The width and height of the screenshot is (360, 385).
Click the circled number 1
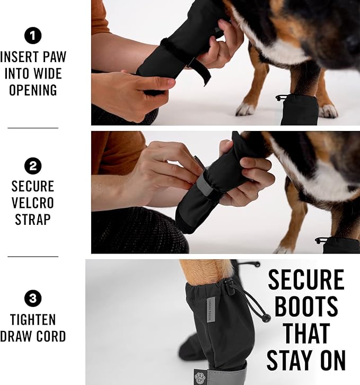tap(33, 36)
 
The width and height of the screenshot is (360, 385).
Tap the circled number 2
tap(33, 166)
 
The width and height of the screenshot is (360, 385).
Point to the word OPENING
tap(33, 90)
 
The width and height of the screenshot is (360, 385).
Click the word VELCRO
tap(33, 204)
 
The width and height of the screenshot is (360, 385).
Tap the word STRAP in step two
tap(33, 220)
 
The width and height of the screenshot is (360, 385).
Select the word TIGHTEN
tap(33, 320)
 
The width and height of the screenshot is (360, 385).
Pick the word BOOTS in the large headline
tap(306, 307)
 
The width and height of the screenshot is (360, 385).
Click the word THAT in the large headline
tap(306, 334)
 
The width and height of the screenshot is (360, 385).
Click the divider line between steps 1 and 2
tap(33, 128)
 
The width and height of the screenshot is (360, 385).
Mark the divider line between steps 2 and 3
tap(33, 257)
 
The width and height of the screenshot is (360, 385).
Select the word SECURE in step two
tap(33, 187)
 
